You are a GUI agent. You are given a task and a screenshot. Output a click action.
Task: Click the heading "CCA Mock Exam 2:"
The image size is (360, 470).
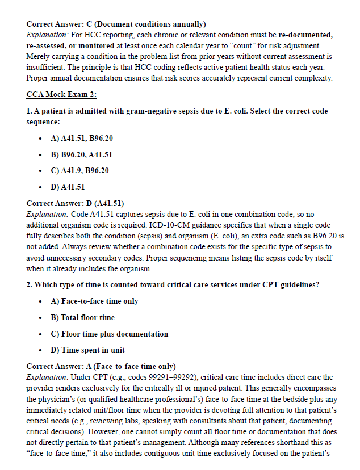click(62, 94)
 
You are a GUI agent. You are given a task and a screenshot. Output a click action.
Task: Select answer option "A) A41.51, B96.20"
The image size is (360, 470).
click(82, 138)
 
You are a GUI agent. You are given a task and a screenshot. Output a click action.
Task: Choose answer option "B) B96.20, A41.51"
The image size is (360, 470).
click(82, 154)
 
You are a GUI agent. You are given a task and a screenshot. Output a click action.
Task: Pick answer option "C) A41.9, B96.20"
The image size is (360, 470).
click(79, 170)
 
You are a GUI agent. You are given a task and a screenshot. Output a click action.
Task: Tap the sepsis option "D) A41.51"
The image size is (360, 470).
click(68, 187)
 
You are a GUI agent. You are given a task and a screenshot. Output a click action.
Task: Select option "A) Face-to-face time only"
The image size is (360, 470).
click(94, 301)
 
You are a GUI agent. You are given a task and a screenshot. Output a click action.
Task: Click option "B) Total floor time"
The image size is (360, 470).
click(82, 317)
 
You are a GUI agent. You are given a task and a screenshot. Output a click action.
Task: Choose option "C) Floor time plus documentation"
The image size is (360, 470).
click(110, 334)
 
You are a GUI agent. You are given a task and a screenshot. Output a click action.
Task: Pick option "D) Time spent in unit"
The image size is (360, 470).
click(88, 350)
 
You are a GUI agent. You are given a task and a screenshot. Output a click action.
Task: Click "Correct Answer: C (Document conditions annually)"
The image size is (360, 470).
click(116, 24)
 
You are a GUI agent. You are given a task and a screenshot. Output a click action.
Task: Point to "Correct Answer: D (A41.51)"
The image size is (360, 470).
click(76, 203)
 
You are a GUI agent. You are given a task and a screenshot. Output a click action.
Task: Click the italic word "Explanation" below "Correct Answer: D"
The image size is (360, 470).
click(47, 214)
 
